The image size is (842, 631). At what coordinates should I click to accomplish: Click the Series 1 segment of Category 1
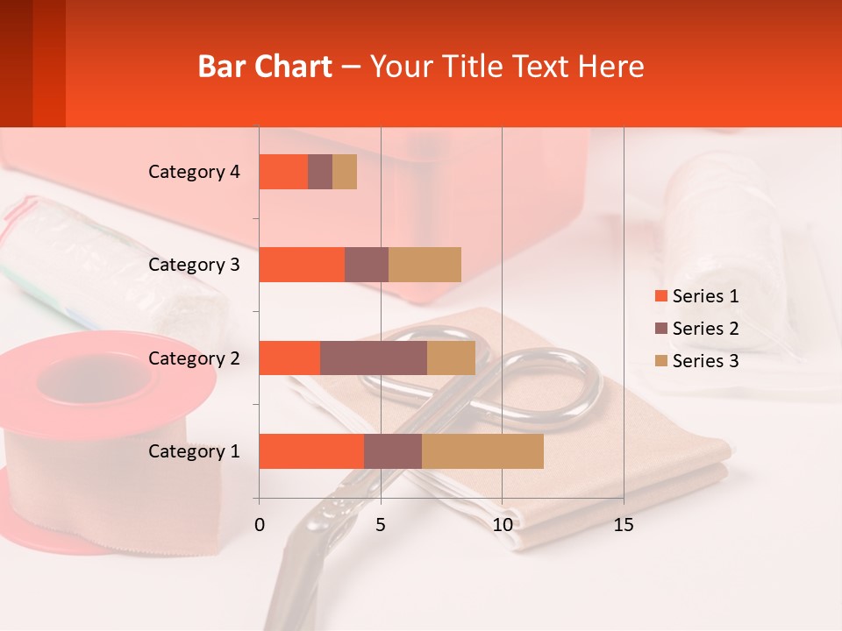click(x=311, y=451)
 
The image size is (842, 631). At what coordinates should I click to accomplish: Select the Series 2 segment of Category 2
click(x=374, y=358)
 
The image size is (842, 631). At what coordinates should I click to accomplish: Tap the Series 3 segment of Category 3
click(x=425, y=265)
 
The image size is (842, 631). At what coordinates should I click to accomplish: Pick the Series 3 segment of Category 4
click(x=345, y=172)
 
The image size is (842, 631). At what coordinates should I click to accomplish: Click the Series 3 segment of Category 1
click(x=482, y=451)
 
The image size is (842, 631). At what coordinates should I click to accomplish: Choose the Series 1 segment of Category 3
click(x=302, y=265)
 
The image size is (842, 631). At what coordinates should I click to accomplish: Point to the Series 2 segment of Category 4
click(x=320, y=172)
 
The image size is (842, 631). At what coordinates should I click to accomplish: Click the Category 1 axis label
click(x=194, y=451)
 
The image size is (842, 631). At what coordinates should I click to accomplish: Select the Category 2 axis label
click(x=194, y=358)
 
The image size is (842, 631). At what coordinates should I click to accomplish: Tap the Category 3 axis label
click(x=194, y=265)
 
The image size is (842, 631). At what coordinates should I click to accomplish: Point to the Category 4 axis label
click(x=194, y=172)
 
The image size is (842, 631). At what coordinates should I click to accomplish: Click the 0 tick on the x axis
click(x=260, y=525)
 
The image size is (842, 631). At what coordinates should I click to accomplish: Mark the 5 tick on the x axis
click(x=381, y=525)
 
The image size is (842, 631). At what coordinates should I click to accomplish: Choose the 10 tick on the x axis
click(x=502, y=525)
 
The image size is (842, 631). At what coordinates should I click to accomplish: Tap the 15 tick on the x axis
click(x=624, y=525)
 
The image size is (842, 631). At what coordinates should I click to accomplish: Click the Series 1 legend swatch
click(x=661, y=296)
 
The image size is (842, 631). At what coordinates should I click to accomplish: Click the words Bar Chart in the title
click(x=265, y=67)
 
